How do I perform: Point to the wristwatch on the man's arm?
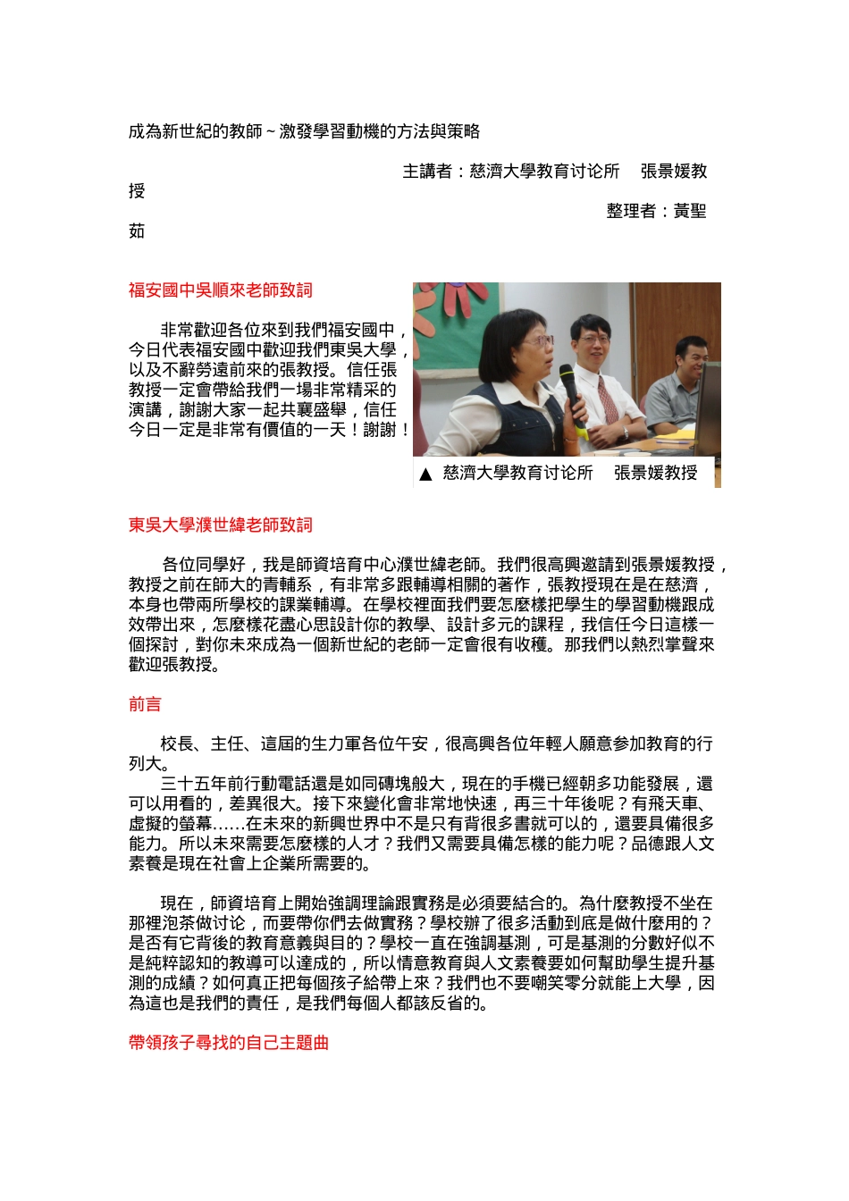click(625, 433)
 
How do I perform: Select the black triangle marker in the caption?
click(425, 475)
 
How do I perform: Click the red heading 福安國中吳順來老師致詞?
click(220, 290)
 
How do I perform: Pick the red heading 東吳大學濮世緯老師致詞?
click(220, 525)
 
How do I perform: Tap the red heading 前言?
click(145, 705)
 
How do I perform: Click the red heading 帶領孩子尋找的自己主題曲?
click(229, 1043)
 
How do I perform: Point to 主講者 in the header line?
click(427, 172)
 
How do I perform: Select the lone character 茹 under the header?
click(137, 231)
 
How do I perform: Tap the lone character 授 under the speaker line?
click(137, 191)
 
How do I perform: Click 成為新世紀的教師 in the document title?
click(195, 132)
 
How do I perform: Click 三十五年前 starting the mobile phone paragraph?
click(202, 785)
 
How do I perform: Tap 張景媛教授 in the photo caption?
click(655, 474)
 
